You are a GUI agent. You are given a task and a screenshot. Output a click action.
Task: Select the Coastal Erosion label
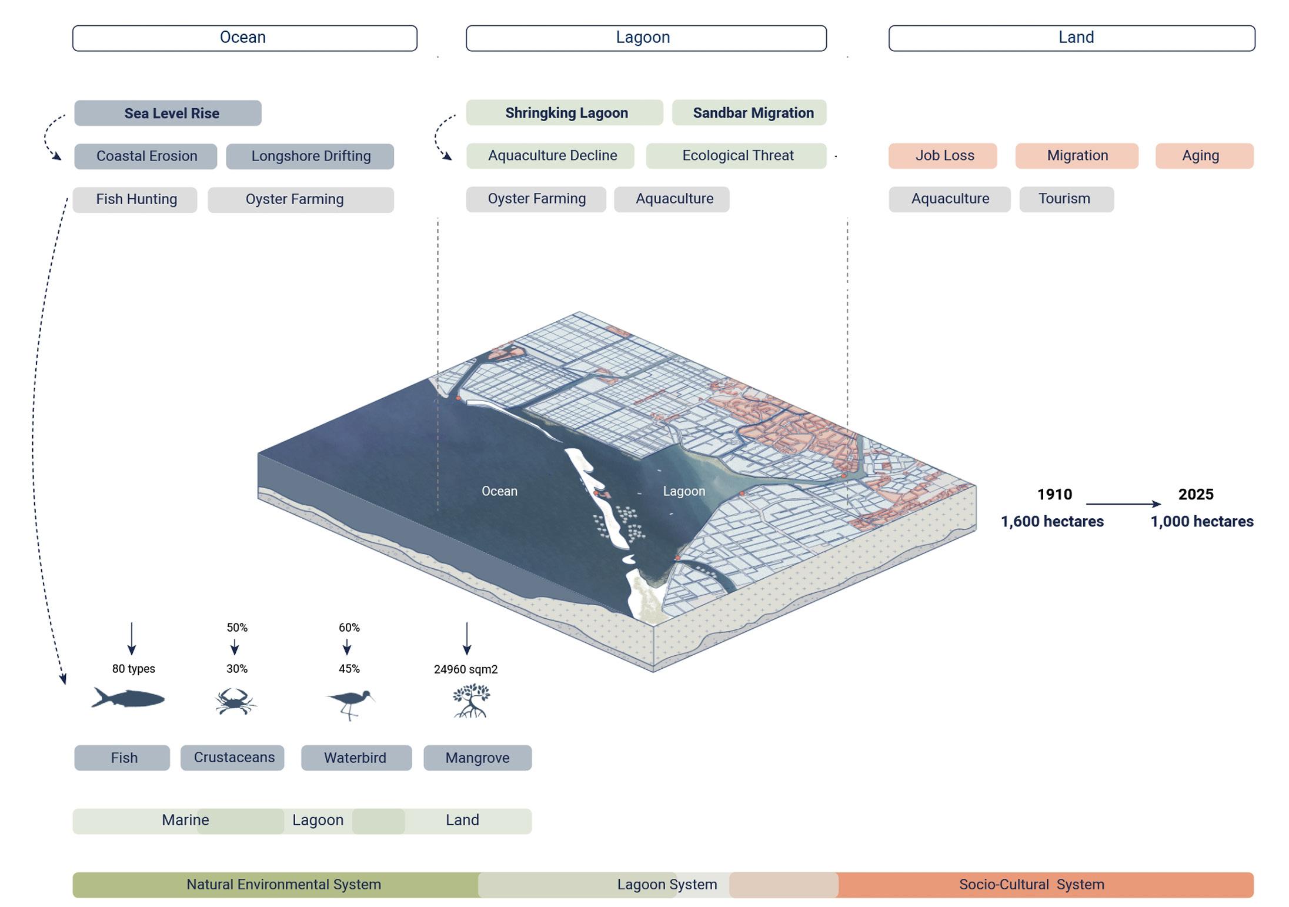tap(146, 156)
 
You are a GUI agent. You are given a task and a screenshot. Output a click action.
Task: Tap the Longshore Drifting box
tap(310, 156)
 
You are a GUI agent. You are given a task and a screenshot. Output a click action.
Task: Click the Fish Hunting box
tap(135, 199)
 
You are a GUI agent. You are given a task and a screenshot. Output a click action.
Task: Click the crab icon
tap(235, 701)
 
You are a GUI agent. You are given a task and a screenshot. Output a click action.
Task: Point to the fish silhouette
tap(128, 698)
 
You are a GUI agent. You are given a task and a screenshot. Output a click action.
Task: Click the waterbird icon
tap(350, 703)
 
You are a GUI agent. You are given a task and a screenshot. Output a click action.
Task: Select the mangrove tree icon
tap(471, 701)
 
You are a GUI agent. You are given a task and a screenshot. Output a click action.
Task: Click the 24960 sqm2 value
tap(466, 669)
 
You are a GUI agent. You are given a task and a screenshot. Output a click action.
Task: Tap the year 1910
tap(1054, 494)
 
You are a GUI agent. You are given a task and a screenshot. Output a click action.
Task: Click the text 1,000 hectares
tap(1202, 522)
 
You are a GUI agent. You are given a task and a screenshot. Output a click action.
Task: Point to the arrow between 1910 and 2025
tap(1123, 503)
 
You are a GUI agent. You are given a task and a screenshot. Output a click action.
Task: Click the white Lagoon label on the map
tap(684, 491)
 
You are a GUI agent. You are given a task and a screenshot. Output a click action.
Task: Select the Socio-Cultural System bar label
tap(1031, 885)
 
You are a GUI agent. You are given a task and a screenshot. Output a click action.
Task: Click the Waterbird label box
tap(356, 758)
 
